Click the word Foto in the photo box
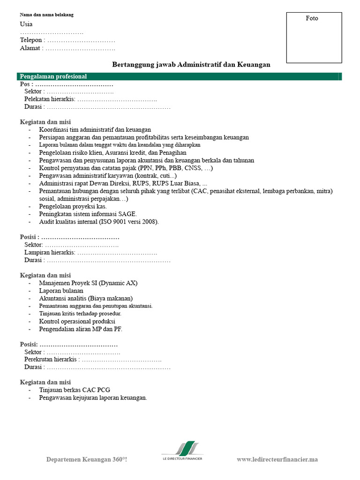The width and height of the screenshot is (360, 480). click(x=312, y=18)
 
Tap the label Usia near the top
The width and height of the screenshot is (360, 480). click(x=26, y=24)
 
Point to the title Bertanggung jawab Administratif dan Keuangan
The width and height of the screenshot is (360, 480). click(x=191, y=65)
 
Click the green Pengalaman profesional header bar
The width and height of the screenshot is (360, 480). click(x=180, y=76)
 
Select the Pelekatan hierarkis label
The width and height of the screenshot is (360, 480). click(x=49, y=99)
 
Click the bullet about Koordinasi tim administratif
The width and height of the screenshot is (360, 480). click(x=95, y=130)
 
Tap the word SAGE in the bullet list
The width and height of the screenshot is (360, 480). click(x=127, y=214)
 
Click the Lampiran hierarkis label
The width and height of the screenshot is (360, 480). click(x=49, y=253)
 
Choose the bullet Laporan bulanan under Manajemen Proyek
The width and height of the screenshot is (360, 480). click(x=61, y=291)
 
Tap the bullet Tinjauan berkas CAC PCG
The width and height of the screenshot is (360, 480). click(x=75, y=390)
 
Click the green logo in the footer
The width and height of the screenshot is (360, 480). click(x=184, y=448)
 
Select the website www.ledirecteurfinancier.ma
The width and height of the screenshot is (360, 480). click(x=277, y=459)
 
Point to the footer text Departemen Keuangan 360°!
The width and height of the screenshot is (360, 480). click(x=87, y=459)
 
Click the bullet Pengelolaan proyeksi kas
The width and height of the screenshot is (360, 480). click(x=73, y=206)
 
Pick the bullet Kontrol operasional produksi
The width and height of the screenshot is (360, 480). click(x=77, y=322)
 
